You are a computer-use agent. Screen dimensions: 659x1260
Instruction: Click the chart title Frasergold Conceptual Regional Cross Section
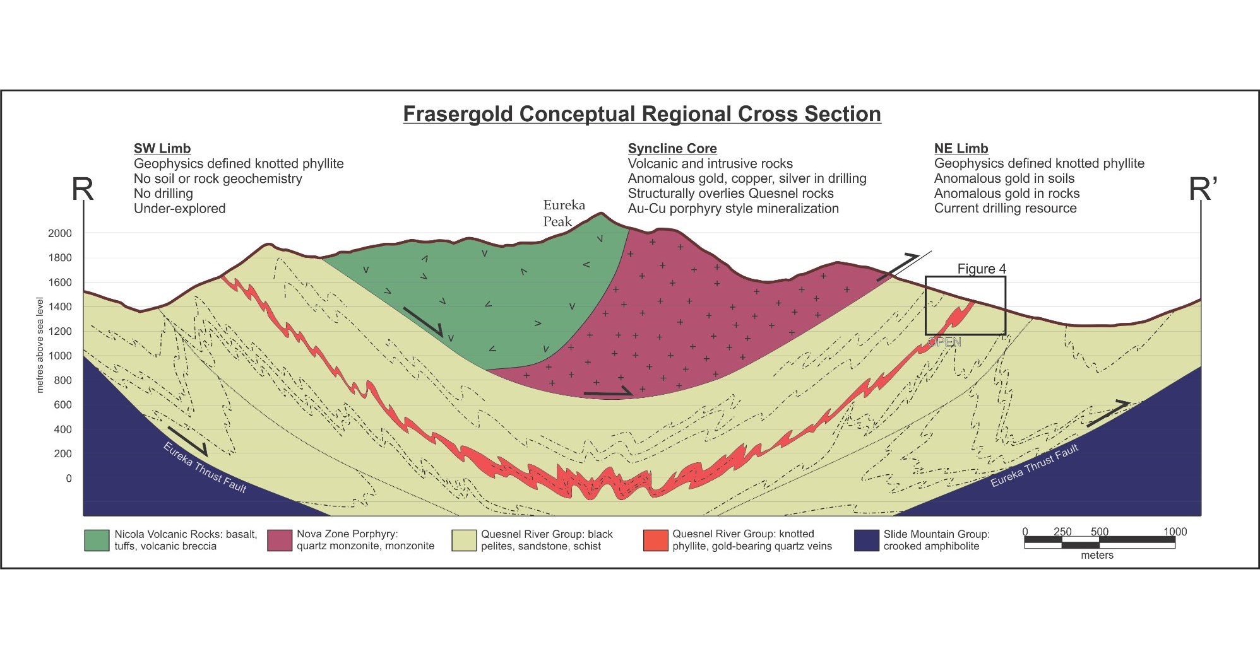click(642, 114)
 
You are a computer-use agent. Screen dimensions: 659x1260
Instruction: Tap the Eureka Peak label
click(564, 213)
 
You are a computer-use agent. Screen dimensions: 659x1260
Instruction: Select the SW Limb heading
click(162, 149)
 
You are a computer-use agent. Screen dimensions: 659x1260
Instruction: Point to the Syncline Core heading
click(672, 149)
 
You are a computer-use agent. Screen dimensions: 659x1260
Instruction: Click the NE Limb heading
click(961, 149)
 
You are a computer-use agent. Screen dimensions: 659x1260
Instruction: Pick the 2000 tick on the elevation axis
click(60, 233)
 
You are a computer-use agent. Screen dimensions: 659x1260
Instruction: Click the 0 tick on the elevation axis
click(69, 479)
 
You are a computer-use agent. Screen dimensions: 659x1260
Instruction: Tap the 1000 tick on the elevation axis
click(60, 356)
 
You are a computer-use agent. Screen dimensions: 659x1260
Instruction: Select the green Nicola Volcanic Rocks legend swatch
click(97, 540)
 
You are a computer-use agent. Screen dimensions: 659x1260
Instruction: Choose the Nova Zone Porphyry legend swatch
click(280, 540)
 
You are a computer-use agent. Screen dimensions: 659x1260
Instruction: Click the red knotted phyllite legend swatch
click(655, 540)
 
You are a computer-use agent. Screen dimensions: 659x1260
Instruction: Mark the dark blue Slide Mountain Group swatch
click(866, 540)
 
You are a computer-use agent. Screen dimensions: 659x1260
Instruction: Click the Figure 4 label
click(982, 269)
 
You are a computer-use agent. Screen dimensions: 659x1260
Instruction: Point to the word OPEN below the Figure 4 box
click(944, 342)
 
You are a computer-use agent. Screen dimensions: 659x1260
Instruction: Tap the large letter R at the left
click(83, 189)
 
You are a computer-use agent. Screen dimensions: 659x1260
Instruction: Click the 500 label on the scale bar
click(1099, 532)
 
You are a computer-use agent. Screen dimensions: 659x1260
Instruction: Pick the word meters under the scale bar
click(1097, 556)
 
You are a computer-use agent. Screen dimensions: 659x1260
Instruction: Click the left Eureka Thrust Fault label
click(205, 467)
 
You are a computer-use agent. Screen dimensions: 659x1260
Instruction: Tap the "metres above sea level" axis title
click(40, 345)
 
